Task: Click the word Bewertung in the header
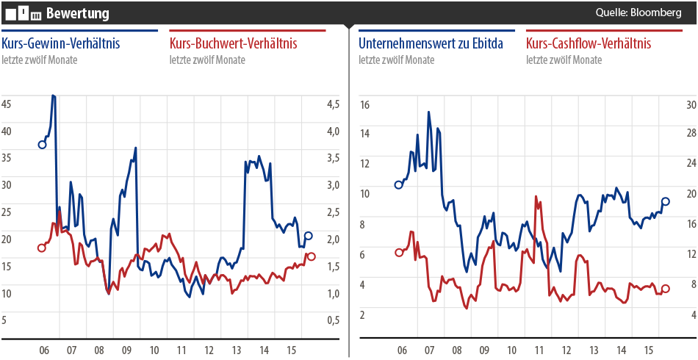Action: [x=77, y=13]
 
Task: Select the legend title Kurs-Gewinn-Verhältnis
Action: [x=61, y=44]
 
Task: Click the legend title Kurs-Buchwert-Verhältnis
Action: [x=233, y=44]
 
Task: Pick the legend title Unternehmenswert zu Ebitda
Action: [x=431, y=44]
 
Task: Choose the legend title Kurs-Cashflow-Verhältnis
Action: [x=589, y=44]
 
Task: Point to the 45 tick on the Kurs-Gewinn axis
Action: [x=7, y=104]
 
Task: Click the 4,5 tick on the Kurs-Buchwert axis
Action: [x=333, y=104]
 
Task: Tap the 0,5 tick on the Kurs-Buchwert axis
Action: [x=333, y=320]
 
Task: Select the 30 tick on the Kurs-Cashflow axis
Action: [x=690, y=105]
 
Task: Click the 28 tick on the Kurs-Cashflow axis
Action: [x=690, y=133]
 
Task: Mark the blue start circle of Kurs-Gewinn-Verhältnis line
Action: [x=42, y=145]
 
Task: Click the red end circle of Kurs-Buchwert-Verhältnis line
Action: [x=312, y=256]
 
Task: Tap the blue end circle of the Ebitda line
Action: [x=666, y=201]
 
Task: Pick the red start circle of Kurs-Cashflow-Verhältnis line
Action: [x=399, y=253]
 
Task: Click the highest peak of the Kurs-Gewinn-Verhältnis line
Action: [x=52, y=96]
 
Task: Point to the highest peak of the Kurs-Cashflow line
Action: [x=536, y=196]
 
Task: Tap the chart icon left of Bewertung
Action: [x=23, y=13]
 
